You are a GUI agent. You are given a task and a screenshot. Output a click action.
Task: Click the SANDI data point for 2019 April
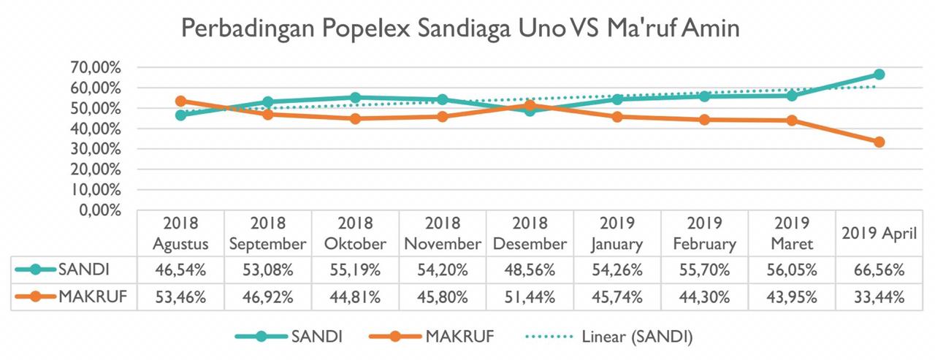click(x=879, y=74)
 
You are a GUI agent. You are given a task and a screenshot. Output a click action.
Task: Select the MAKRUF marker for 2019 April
click(x=879, y=142)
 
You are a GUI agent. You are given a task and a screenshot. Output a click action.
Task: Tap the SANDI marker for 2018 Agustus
click(x=181, y=115)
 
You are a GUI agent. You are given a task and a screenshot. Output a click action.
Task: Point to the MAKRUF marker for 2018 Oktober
click(x=356, y=118)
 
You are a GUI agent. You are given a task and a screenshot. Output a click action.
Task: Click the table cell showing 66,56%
click(x=879, y=270)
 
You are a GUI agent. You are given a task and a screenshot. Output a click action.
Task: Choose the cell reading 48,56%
click(x=530, y=270)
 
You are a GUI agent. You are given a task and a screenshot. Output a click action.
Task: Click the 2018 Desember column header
click(x=530, y=233)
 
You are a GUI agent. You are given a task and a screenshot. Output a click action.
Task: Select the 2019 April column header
click(x=879, y=234)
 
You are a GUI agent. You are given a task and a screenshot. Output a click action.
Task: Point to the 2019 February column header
click(x=705, y=233)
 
